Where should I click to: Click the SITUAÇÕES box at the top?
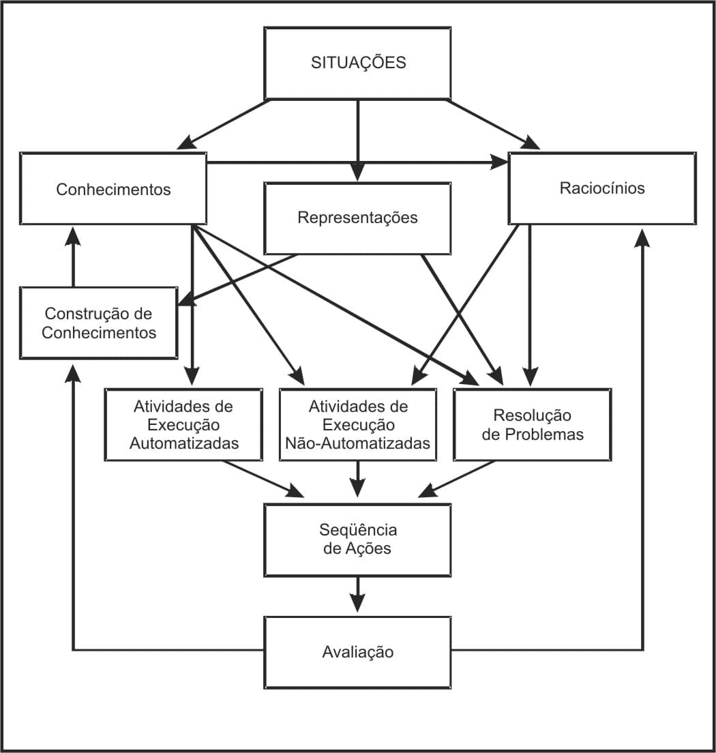(x=358, y=63)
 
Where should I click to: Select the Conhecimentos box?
(x=113, y=189)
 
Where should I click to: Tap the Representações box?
(x=357, y=218)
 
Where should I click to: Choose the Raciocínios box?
(x=602, y=188)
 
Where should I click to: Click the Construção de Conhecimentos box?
(x=99, y=323)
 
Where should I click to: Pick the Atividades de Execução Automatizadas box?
(x=184, y=424)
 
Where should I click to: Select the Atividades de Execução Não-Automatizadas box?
(x=358, y=424)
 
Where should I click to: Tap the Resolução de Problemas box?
(x=533, y=424)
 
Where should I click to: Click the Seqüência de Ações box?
(x=357, y=540)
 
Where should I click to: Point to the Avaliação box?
(x=357, y=652)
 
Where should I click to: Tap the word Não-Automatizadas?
(x=358, y=443)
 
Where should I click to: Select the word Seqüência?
(x=358, y=530)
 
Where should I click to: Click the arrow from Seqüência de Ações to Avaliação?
(x=357, y=595)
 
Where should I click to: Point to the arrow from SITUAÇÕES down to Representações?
(x=357, y=140)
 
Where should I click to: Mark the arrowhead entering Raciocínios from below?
(x=642, y=235)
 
